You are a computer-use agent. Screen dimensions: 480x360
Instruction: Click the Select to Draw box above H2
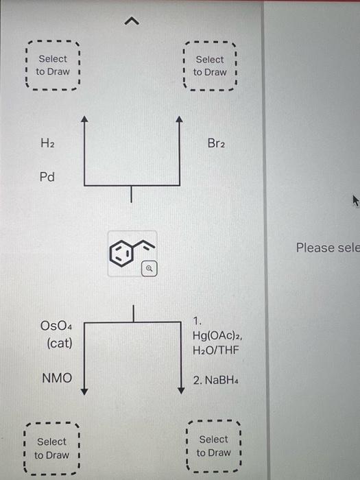[52, 65]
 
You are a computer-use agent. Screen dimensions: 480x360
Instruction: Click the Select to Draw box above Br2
[209, 66]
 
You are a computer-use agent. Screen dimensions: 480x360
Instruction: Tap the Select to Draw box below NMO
[51, 448]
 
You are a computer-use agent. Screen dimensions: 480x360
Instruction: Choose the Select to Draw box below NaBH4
[213, 446]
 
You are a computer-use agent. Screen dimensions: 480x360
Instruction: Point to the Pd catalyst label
[47, 177]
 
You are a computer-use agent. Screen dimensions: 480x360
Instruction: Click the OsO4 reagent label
[58, 325]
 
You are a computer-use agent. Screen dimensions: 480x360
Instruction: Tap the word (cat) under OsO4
[59, 342]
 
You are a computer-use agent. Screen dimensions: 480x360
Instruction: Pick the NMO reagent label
[57, 377]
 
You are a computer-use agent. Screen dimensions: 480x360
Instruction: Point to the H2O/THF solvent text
[216, 350]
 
